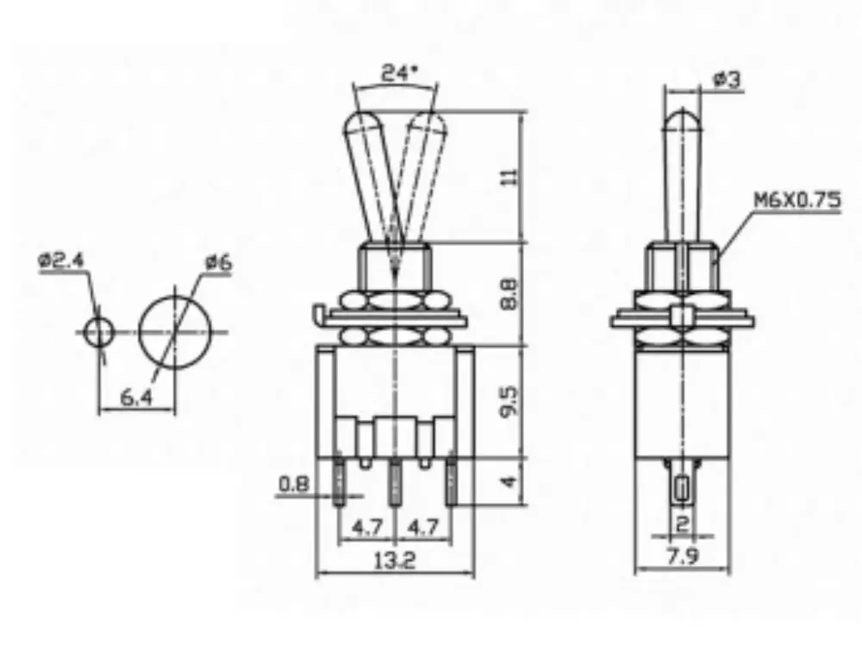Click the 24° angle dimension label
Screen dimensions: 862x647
(400, 73)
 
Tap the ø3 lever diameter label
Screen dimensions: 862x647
(727, 80)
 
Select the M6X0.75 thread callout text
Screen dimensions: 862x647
(797, 199)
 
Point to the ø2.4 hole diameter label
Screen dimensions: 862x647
(61, 260)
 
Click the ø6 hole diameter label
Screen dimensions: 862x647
(219, 263)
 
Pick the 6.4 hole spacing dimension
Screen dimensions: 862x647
(136, 397)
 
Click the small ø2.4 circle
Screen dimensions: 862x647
(99, 332)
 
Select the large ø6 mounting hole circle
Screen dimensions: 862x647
(175, 332)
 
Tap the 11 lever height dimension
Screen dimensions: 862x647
(510, 177)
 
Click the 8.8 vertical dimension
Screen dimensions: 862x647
(510, 294)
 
